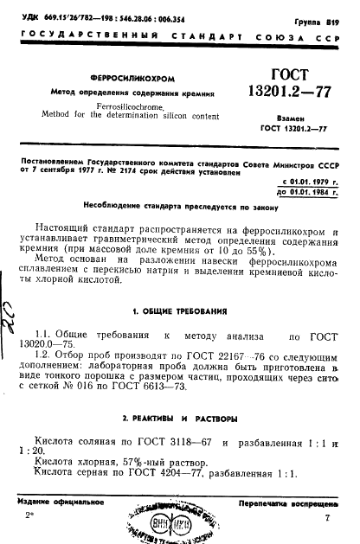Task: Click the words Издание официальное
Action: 58,502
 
